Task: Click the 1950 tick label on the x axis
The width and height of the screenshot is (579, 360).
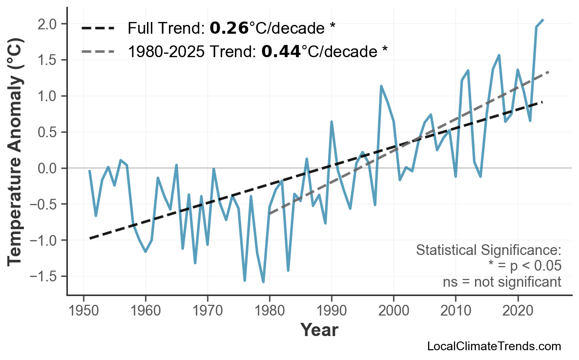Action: pyautogui.click(x=83, y=311)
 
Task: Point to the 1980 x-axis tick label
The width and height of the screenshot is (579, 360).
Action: pyautogui.click(x=269, y=311)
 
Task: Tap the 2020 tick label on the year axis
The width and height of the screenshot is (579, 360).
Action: pyautogui.click(x=517, y=311)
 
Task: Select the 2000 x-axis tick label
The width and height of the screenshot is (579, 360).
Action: pyautogui.click(x=393, y=311)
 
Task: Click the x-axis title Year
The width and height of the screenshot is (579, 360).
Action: pyautogui.click(x=319, y=331)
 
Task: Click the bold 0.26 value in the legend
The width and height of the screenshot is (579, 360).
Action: pyautogui.click(x=229, y=28)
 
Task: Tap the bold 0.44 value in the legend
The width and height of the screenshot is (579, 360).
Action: pyautogui.click(x=281, y=51)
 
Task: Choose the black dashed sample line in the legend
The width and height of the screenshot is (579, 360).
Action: pyautogui.click(x=98, y=28)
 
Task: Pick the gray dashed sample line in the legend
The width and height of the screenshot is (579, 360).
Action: pyautogui.click(x=98, y=51)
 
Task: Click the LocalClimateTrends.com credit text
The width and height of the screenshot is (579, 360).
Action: pyautogui.click(x=494, y=346)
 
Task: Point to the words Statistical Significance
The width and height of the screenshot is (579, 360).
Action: pyautogui.click(x=488, y=251)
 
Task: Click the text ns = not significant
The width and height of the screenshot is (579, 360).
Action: pyautogui.click(x=502, y=282)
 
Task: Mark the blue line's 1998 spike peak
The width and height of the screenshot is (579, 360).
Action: pyautogui.click(x=381, y=86)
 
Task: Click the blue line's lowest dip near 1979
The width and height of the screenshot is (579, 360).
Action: pyautogui.click(x=263, y=282)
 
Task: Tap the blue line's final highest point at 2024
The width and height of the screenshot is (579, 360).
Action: pyautogui.click(x=543, y=20)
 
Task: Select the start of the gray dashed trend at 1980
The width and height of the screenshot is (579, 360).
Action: pyautogui.click(x=269, y=214)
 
